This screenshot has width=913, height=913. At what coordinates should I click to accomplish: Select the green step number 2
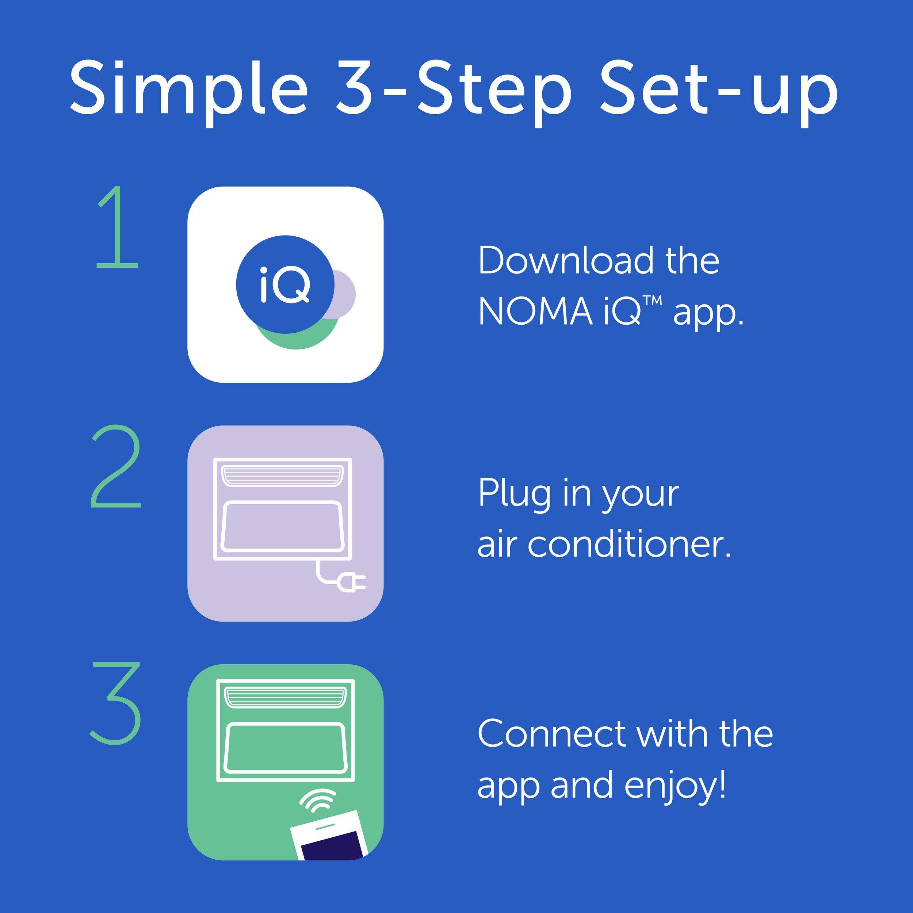116,466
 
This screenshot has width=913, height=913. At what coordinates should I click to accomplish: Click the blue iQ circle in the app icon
286,284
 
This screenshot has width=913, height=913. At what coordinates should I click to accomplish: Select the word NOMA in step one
535,312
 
